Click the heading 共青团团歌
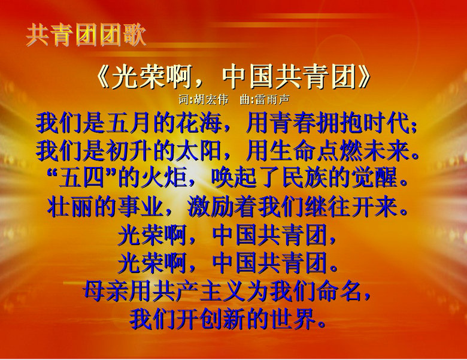pos(86,35)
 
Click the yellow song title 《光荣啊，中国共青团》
pos(233,77)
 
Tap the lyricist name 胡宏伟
pos(211,100)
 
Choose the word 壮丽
pos(70,207)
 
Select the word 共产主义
pos(199,291)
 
